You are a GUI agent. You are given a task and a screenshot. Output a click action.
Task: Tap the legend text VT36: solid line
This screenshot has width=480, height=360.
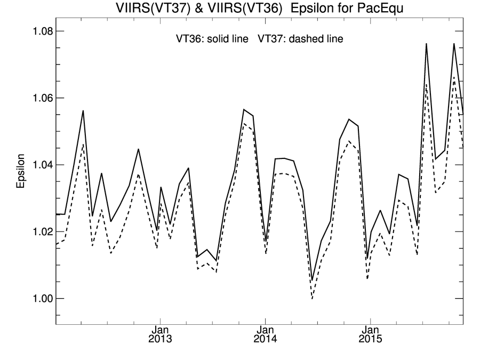(212, 39)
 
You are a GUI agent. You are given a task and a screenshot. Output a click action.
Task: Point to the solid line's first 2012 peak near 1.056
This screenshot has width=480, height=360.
(83, 111)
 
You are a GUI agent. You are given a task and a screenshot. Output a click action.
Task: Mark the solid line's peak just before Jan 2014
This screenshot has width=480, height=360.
(244, 109)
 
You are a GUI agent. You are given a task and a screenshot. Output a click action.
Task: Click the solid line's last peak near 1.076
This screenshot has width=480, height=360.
(454, 44)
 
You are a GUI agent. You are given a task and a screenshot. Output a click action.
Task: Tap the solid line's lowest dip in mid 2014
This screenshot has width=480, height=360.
(312, 281)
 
